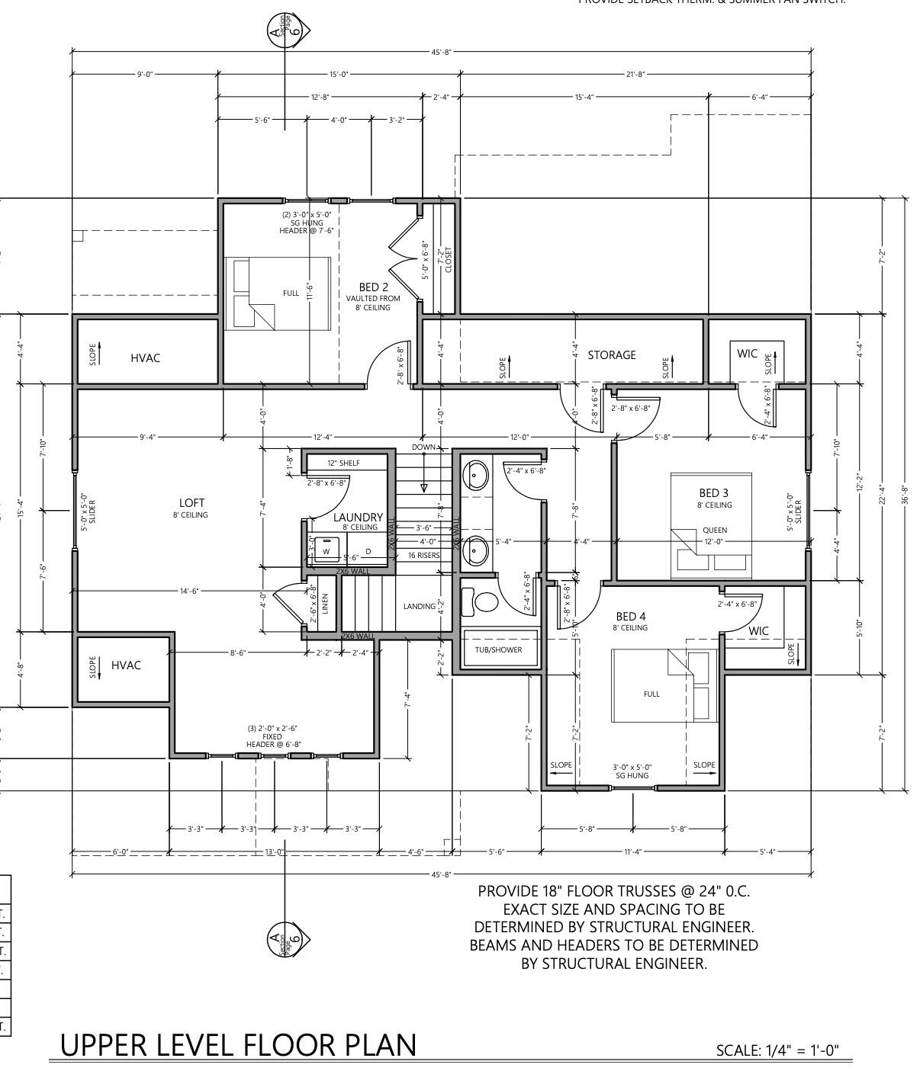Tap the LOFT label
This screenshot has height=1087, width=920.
191,503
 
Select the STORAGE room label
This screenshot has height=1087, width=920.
611,354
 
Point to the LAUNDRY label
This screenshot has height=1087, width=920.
358,518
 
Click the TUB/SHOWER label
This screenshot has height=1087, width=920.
498,650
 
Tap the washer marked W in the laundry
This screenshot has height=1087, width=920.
327,550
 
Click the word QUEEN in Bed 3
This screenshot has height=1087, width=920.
715,530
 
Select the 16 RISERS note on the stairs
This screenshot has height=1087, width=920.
423,556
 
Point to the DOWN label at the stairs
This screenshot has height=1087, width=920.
424,447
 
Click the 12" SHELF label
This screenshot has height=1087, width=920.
343,463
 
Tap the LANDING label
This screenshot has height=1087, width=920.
419,607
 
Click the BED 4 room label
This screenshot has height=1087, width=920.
631,616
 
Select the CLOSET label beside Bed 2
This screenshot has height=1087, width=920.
449,259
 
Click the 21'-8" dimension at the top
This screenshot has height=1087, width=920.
635,74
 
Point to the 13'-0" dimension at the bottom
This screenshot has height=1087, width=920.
274,851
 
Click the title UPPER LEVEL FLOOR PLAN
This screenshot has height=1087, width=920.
238,1045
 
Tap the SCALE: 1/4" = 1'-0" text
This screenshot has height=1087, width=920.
777,1050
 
